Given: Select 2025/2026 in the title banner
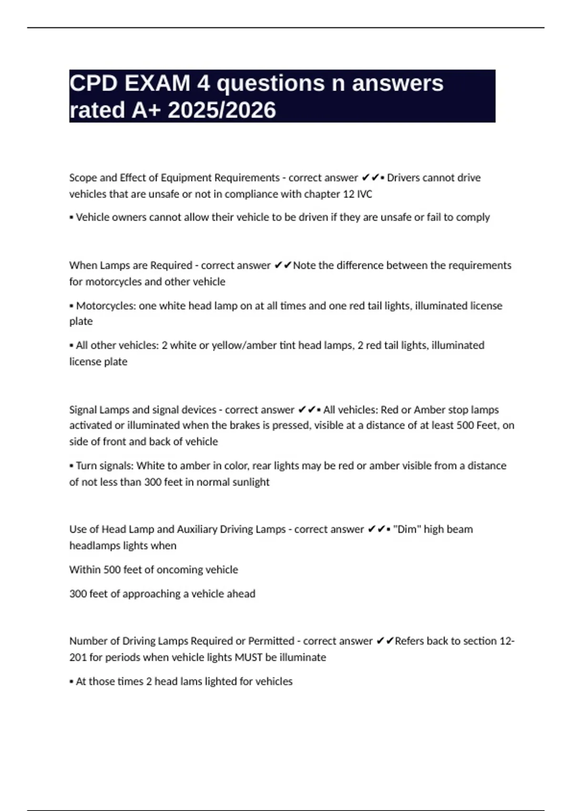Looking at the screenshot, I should tap(222, 110).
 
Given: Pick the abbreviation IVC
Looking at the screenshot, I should tap(364, 194).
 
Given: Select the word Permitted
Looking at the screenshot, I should tap(271, 641).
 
